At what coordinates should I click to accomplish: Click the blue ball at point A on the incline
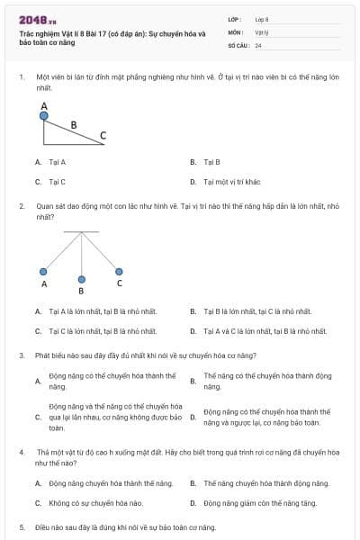pyautogui.click(x=44, y=115)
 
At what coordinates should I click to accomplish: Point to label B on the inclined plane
pyautogui.click(x=74, y=124)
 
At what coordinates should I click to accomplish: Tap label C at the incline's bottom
pyautogui.click(x=103, y=136)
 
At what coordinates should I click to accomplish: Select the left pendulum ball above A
pyautogui.click(x=44, y=271)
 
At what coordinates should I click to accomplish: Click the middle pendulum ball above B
pyautogui.click(x=82, y=278)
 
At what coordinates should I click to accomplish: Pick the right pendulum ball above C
pyautogui.click(x=119, y=271)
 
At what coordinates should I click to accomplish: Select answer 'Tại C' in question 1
pyautogui.click(x=58, y=181)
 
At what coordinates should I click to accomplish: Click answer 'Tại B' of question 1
pyautogui.click(x=211, y=162)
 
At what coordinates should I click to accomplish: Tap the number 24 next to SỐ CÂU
pyautogui.click(x=258, y=44)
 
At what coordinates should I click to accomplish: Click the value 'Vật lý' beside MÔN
pyautogui.click(x=262, y=31)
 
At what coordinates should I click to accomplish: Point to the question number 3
pyautogui.click(x=21, y=355)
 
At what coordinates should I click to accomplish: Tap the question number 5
pyautogui.click(x=21, y=526)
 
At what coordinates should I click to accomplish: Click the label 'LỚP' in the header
pyautogui.click(x=235, y=19)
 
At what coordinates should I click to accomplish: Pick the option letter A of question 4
pyautogui.click(x=38, y=483)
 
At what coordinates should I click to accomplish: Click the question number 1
pyautogui.click(x=21, y=77)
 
